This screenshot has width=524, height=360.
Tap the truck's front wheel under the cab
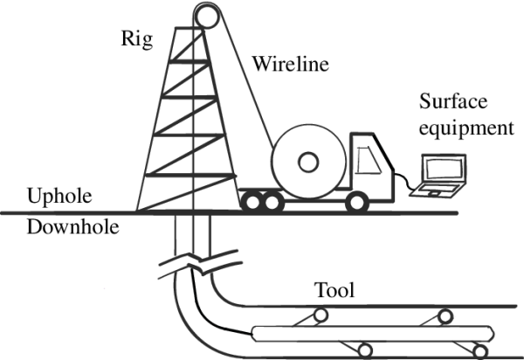pyautogui.click(x=355, y=203)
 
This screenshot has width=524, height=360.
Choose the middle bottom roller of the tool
pyautogui.click(x=365, y=350)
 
